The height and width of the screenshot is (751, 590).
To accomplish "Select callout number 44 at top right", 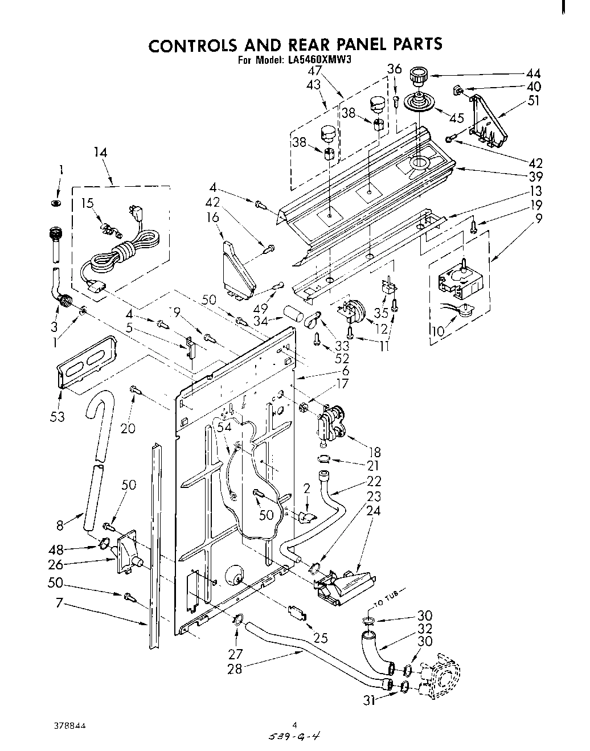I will [x=533, y=73].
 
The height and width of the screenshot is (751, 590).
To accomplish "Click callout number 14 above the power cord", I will [x=100, y=153].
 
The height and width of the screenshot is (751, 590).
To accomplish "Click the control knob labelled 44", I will [x=419, y=75].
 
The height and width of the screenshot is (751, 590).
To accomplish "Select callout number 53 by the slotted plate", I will [x=58, y=417].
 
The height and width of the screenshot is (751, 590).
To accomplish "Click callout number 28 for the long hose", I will [x=235, y=668].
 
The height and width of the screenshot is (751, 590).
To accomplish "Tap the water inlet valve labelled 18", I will [x=330, y=422].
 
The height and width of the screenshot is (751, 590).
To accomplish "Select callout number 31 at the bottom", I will [x=370, y=701].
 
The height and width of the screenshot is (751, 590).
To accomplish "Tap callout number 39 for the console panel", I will [x=535, y=176].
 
